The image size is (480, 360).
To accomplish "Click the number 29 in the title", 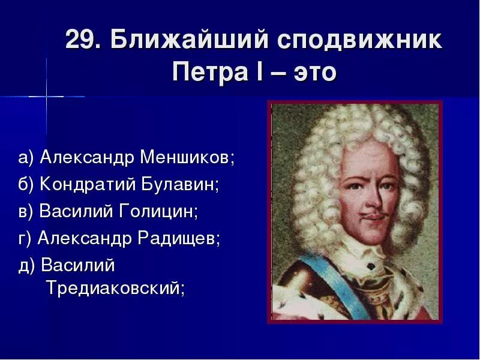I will point(80,41).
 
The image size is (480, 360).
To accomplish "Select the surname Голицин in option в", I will point(161,211).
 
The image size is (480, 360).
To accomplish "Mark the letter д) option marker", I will point(26,265).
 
